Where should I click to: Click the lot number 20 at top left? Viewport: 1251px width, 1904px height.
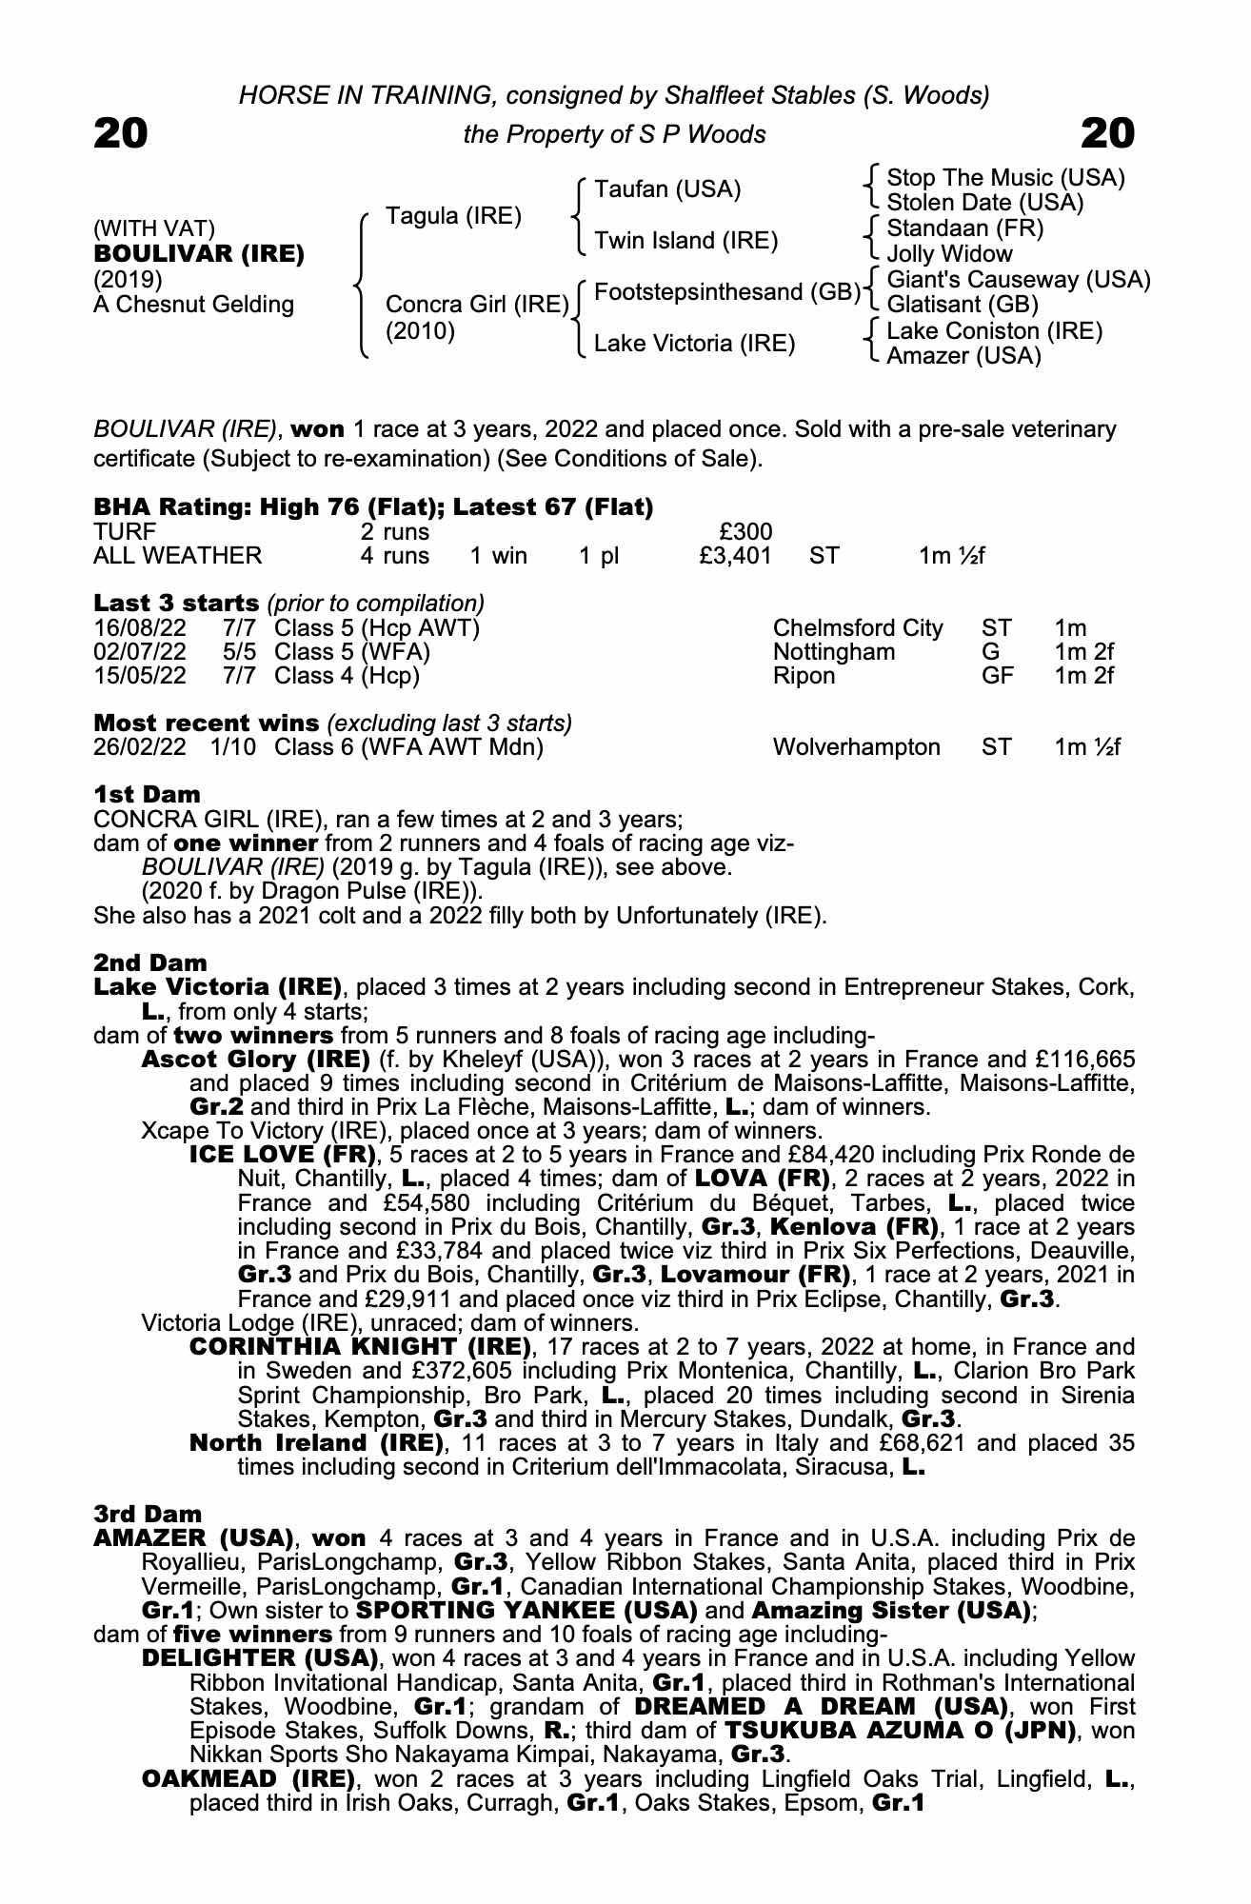pyautogui.click(x=121, y=133)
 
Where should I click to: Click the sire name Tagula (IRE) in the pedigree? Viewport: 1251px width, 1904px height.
pyautogui.click(x=453, y=216)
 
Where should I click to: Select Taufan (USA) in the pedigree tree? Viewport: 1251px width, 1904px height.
pyautogui.click(x=667, y=189)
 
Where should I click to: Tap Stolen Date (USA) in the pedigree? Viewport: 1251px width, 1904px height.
pyautogui.click(x=985, y=203)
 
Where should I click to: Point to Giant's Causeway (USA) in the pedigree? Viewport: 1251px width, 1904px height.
pyautogui.click(x=1019, y=280)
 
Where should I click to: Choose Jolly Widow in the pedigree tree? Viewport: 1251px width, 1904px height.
pyautogui.click(x=949, y=254)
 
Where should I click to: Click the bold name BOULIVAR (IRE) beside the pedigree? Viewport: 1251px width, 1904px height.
pyautogui.click(x=199, y=254)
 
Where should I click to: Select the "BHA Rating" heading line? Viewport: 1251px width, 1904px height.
pyautogui.click(x=373, y=507)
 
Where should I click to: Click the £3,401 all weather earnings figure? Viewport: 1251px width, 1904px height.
pyautogui.click(x=735, y=556)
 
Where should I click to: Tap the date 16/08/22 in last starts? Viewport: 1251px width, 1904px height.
pyautogui.click(x=140, y=628)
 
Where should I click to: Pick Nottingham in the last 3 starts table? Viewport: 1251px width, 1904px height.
pyautogui.click(x=834, y=652)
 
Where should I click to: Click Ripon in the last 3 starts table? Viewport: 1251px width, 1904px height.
pyautogui.click(x=804, y=676)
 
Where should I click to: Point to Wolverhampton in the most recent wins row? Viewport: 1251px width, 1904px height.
pyautogui.click(x=857, y=747)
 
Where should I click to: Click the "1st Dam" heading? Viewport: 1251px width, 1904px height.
pyautogui.click(x=148, y=795)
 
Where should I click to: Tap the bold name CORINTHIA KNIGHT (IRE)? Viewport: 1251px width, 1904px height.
pyautogui.click(x=360, y=1347)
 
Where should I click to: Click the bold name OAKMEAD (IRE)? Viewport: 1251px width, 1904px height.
pyautogui.click(x=248, y=1778)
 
